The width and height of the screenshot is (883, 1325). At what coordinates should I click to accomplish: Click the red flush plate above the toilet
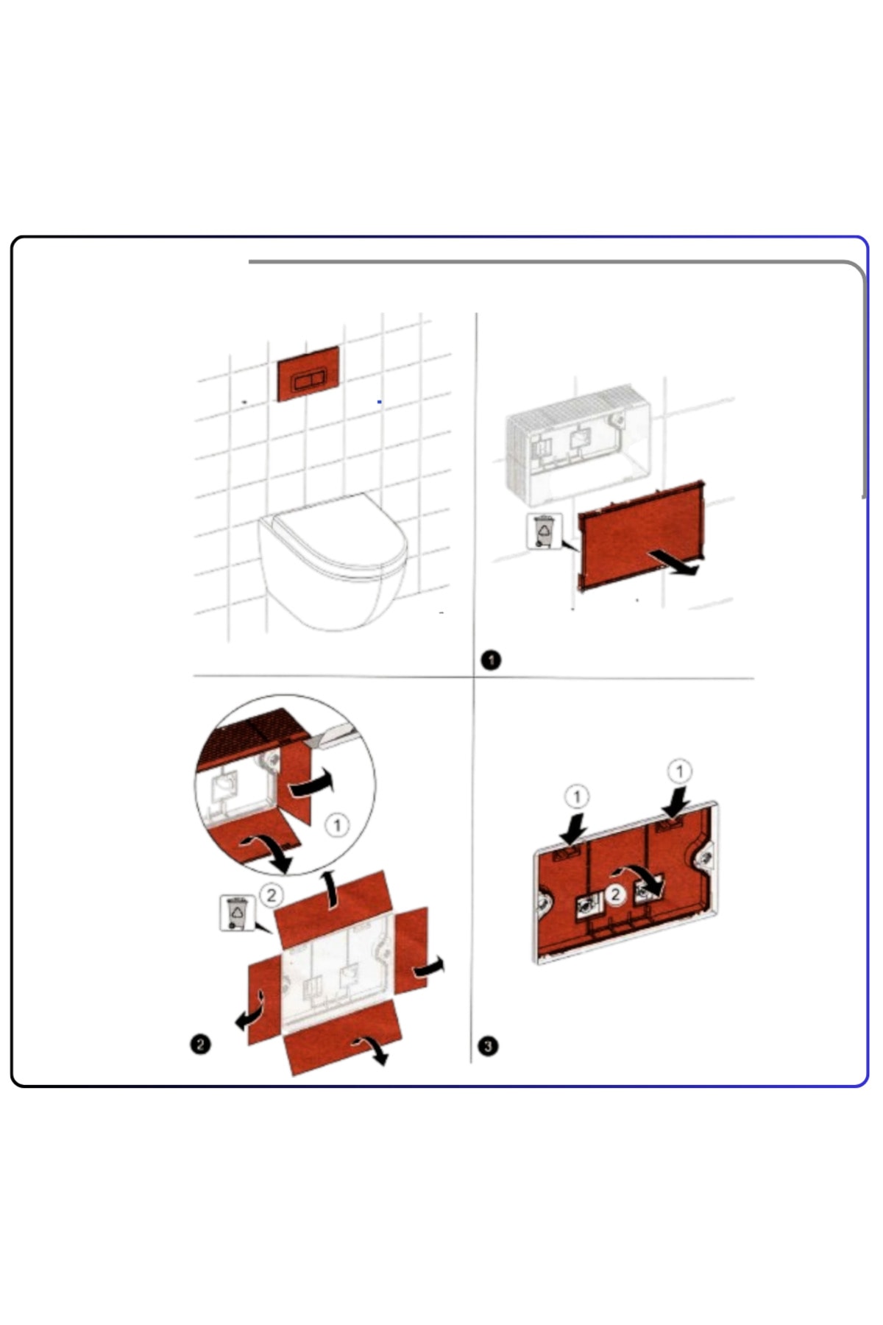click(308, 373)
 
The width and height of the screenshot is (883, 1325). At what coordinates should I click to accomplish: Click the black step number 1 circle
click(491, 660)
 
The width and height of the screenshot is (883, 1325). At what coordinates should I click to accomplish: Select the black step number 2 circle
click(200, 1044)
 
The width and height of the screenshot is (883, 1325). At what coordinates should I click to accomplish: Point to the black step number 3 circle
click(488, 1045)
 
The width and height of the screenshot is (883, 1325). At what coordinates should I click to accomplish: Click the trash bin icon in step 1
click(544, 531)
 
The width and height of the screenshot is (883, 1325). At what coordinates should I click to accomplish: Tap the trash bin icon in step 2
click(237, 913)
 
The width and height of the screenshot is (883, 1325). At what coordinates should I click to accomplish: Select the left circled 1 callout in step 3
click(577, 796)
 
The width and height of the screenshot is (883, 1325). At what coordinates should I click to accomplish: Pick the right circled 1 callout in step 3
click(679, 771)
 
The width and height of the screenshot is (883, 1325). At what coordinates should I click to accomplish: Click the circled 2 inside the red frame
click(616, 894)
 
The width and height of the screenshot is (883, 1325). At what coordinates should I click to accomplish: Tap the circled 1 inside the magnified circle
click(337, 824)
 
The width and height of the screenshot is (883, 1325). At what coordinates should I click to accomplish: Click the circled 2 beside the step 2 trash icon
click(272, 894)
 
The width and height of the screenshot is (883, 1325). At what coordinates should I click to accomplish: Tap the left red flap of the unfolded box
click(264, 1000)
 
